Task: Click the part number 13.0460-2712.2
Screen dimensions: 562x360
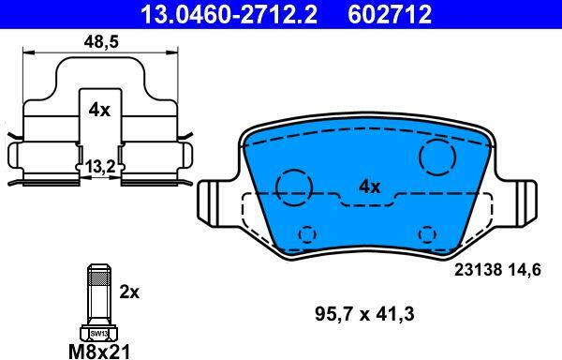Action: [x=229, y=14]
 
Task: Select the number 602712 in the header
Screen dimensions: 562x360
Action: [x=390, y=14]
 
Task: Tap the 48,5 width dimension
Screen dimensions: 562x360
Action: [x=101, y=42]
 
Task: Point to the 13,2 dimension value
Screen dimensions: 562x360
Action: [x=100, y=167]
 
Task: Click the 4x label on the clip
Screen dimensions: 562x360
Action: [x=99, y=110]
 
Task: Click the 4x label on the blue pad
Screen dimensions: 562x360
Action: [x=370, y=187]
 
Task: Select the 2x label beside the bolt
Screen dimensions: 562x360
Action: [x=129, y=292]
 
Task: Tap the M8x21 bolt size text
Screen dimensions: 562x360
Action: [x=99, y=352]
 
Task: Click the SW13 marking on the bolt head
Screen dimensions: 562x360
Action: [x=98, y=334]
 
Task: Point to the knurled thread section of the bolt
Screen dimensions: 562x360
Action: [x=99, y=277]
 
